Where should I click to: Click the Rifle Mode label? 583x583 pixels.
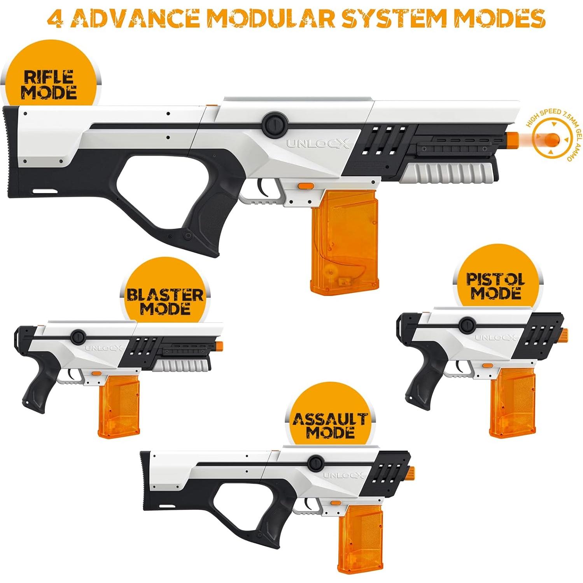[49, 84]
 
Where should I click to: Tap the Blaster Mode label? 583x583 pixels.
[165, 301]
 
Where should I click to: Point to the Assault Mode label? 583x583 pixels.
[330, 425]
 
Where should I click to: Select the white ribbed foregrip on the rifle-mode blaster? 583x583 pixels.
[449, 172]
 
